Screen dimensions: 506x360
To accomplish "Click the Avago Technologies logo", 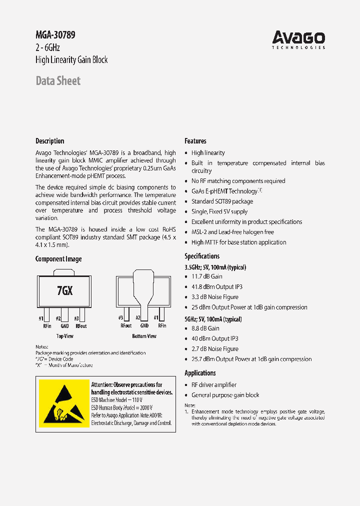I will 298,39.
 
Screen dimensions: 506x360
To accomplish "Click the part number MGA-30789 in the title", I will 55,35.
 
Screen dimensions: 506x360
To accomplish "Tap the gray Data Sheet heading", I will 58,81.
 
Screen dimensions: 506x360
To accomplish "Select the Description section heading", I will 50,141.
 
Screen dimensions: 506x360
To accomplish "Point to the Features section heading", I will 195,141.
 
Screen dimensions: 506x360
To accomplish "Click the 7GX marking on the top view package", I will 64,290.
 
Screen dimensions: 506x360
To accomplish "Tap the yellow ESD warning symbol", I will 63,404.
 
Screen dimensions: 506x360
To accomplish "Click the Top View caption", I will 64,336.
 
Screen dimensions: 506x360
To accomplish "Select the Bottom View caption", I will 144,336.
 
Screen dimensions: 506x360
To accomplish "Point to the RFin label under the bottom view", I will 161,325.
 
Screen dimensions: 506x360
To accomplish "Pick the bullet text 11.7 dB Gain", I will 206,276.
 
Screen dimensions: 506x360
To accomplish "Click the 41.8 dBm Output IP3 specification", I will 216,287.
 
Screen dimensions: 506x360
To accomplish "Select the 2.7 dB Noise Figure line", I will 214,349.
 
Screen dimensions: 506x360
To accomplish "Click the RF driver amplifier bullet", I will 213,385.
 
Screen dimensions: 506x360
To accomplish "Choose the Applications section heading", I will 200,373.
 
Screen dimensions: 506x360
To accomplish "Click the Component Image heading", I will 58,259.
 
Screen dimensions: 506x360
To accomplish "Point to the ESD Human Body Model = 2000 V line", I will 122,408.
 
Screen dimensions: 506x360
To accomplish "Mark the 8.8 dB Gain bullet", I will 205,328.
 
